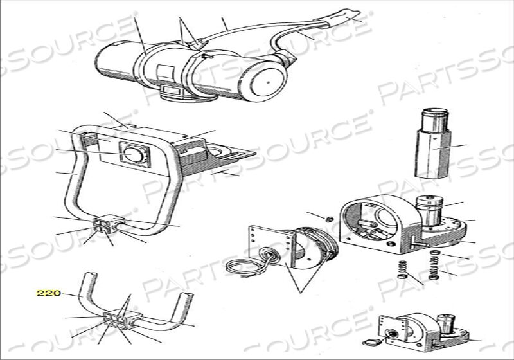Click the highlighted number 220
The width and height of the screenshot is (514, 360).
coord(49,292)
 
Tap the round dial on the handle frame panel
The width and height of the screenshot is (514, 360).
coord(134,154)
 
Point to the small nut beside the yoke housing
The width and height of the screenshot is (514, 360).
coord(330,219)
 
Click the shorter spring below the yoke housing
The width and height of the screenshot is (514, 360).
coord(402,269)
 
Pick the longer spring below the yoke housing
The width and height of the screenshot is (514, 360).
coord(434,267)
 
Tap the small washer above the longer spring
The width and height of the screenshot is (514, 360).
coord(435,252)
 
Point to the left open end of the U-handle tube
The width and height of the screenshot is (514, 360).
coord(91,274)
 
